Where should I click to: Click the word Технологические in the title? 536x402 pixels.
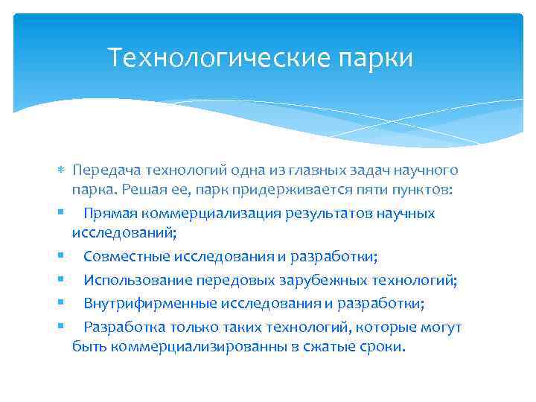(197, 57)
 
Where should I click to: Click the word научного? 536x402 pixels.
(427, 171)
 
